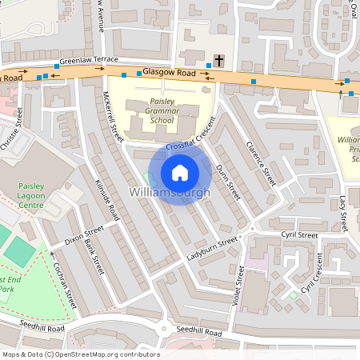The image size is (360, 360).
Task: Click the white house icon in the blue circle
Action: click(180, 173)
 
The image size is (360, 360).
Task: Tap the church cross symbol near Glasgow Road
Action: click(219, 60)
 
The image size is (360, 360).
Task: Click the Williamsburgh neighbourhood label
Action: click(170, 193)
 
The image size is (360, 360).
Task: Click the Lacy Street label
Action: click(342, 210)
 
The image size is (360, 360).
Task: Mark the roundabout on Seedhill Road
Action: click(163, 328)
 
